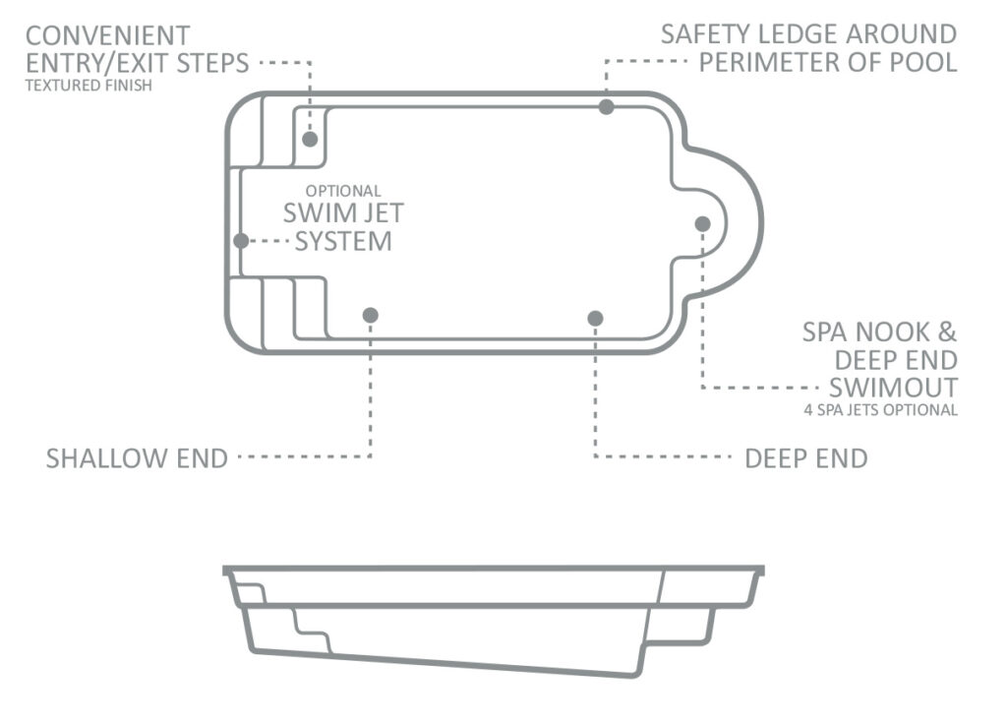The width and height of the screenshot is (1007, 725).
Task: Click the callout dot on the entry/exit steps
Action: point(310,139)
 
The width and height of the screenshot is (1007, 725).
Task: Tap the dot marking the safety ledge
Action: point(606,106)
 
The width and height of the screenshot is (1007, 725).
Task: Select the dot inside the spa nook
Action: point(702,223)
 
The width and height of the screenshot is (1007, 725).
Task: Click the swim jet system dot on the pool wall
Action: point(241,241)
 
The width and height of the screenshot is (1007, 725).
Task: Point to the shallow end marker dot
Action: point(371,316)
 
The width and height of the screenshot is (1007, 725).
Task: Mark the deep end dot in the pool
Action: point(595,318)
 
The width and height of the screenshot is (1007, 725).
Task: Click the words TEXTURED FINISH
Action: point(89,86)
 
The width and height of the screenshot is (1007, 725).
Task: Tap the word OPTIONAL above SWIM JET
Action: point(343,191)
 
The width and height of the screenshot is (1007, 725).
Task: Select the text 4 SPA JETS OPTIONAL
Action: point(880,409)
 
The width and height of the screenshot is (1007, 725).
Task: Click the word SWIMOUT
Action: point(893,388)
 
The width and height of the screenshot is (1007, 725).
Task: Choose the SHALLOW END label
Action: point(137,458)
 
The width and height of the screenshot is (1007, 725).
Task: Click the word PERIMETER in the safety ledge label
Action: point(790,62)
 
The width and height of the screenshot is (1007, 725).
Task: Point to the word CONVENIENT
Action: point(108,35)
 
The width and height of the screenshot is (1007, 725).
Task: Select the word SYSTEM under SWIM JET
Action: point(343,241)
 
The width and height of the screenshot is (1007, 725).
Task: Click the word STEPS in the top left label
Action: point(212,63)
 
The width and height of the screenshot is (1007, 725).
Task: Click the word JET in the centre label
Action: point(383,213)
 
